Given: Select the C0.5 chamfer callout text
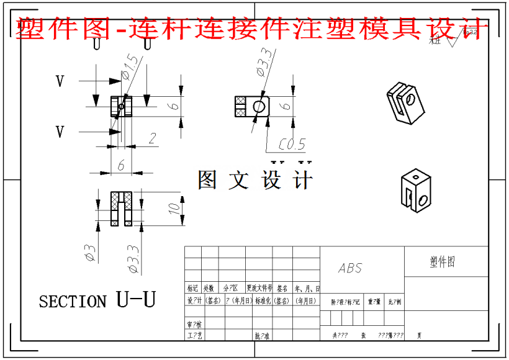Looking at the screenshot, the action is pos(292,145).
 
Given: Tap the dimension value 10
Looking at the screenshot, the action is pos(176,206).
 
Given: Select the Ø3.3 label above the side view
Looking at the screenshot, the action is pos(263,62).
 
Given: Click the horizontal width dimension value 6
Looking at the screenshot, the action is pos(120,164).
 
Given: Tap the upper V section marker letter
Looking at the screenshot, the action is pos(60,81).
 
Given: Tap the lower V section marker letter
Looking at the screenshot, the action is pos(60,132).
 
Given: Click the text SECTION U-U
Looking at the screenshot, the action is pos(97,301).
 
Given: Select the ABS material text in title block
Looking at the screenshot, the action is pos(350,269).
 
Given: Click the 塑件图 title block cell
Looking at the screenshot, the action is pos(443,262).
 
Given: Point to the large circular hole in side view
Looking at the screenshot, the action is pos(258,107).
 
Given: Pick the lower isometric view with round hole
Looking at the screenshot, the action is pos(414,191).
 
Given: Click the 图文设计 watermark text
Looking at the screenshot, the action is pos(254,180).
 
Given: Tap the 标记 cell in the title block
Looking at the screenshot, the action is pos(193,289).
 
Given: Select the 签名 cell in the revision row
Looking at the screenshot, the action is pos(282,289).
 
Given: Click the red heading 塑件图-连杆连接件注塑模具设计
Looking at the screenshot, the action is pos(248,28).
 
